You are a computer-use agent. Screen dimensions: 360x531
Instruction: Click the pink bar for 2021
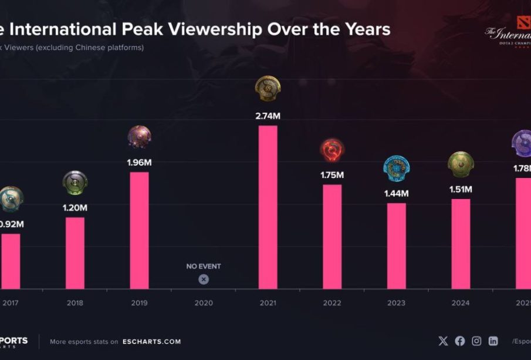[x=268, y=207]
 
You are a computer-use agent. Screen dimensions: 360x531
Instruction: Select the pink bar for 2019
[x=139, y=230]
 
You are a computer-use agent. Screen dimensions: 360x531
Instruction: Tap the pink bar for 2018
[x=75, y=253]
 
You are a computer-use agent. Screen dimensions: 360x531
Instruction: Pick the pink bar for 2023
[x=396, y=245]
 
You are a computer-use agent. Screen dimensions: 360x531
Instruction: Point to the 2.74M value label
[x=268, y=116]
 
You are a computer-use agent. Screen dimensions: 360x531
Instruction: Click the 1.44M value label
[x=397, y=193]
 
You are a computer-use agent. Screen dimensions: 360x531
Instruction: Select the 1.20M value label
[x=75, y=207]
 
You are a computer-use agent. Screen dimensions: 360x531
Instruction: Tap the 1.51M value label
[x=461, y=189]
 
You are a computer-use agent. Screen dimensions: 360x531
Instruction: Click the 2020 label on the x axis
[x=203, y=303]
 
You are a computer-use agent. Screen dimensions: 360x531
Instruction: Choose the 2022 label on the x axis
[x=332, y=303]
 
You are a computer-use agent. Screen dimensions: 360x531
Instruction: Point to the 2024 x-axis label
[x=461, y=303]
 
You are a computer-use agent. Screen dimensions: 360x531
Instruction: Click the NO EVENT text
[x=204, y=266]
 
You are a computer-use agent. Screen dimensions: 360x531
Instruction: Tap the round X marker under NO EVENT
[x=204, y=280]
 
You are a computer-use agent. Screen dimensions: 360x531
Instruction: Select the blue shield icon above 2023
[x=397, y=169]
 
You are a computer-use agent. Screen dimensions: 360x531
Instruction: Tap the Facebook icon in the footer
[x=460, y=341]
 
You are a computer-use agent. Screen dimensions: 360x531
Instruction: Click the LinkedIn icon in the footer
[x=493, y=341]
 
